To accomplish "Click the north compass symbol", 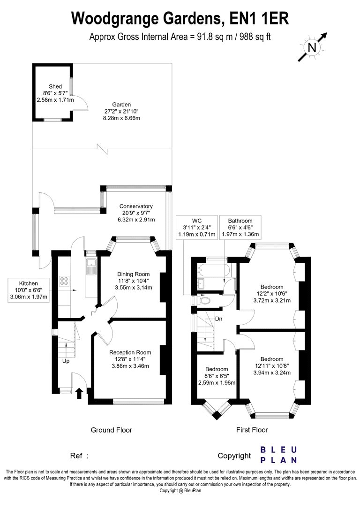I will [312, 47].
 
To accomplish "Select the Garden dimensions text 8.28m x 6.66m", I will [121, 118].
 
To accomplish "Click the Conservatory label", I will [136, 206].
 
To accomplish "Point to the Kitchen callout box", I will [29, 290].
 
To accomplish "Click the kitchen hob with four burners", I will [63, 282].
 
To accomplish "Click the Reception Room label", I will [130, 352].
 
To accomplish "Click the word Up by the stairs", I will [66, 361].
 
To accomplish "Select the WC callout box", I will [196, 228].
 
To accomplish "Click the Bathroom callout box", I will [240, 228].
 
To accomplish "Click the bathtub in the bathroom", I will [213, 270].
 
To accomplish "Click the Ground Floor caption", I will [111, 430].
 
